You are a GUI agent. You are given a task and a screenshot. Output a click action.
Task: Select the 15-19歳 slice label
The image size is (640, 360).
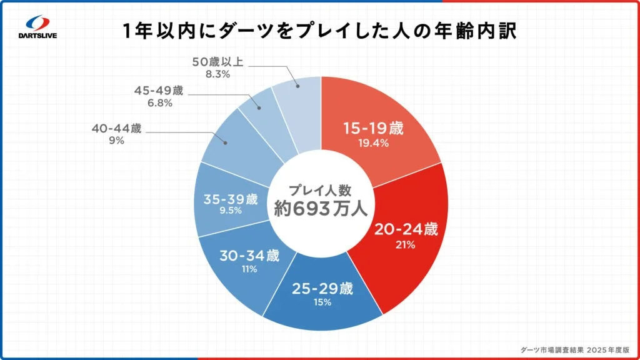(374, 129)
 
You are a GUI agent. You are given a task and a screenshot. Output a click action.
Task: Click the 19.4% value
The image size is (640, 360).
(374, 143)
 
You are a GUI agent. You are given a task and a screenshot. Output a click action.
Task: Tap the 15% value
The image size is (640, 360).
(323, 303)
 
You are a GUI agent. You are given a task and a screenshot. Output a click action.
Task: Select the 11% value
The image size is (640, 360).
(251, 269)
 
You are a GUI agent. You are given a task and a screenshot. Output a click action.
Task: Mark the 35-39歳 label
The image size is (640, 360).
(231, 199)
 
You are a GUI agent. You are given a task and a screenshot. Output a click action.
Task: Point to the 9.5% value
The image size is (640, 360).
(231, 211)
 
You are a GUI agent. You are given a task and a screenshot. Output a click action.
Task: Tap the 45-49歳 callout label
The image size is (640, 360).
(159, 91)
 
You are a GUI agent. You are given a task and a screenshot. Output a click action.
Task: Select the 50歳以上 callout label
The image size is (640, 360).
(217, 62)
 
